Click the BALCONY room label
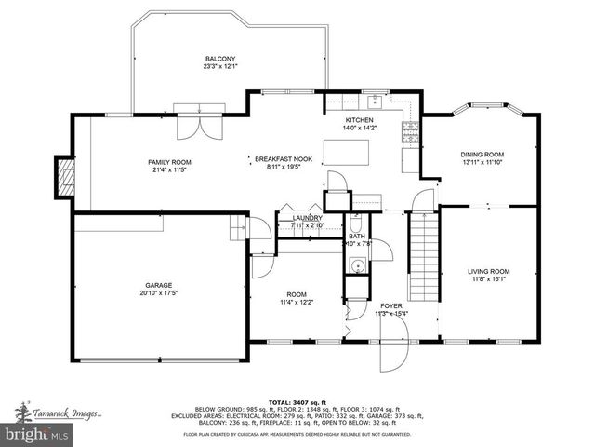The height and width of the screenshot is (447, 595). (221, 58)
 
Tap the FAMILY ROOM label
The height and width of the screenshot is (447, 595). (169, 163)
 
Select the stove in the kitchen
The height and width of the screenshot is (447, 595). (410, 133)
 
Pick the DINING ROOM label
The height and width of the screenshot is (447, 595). (482, 155)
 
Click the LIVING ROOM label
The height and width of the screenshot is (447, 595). (488, 272)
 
